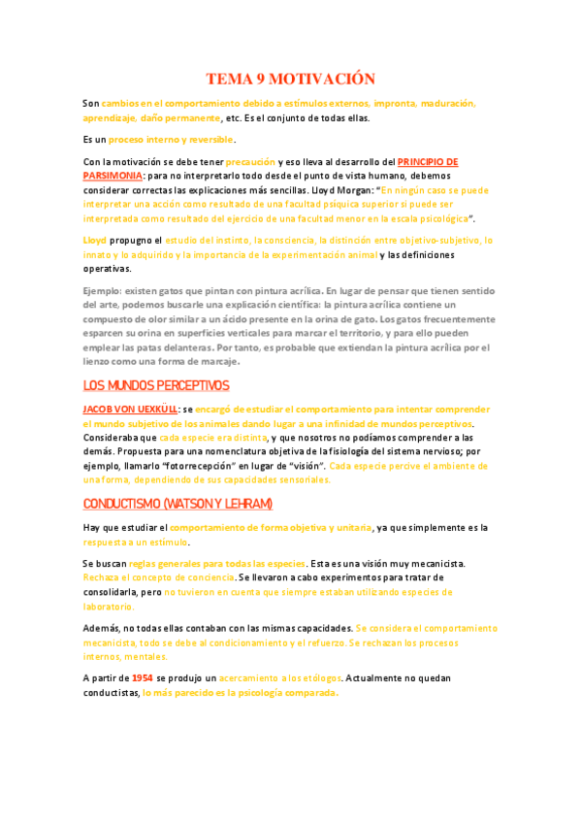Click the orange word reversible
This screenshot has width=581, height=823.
211,139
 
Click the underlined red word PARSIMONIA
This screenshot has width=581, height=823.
113,176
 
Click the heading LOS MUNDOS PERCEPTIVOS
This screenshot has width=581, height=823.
155,385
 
